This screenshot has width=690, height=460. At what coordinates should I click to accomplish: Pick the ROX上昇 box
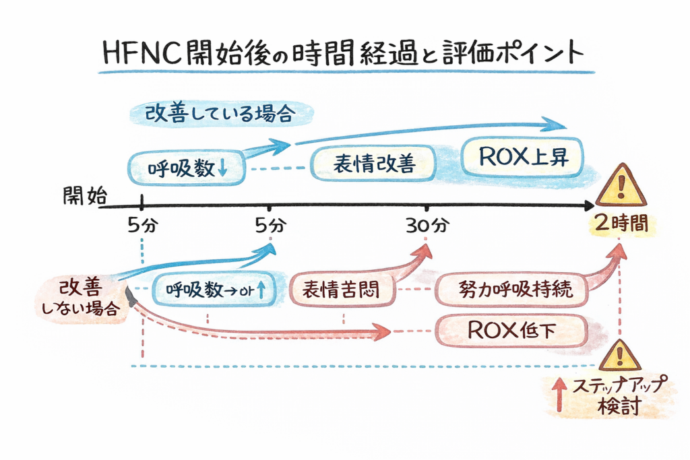coord(523,157)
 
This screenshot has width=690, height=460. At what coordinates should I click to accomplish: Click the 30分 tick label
coord(427,225)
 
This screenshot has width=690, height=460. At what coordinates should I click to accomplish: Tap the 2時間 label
coord(621,224)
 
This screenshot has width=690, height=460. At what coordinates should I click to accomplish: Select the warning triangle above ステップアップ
coord(621,356)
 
